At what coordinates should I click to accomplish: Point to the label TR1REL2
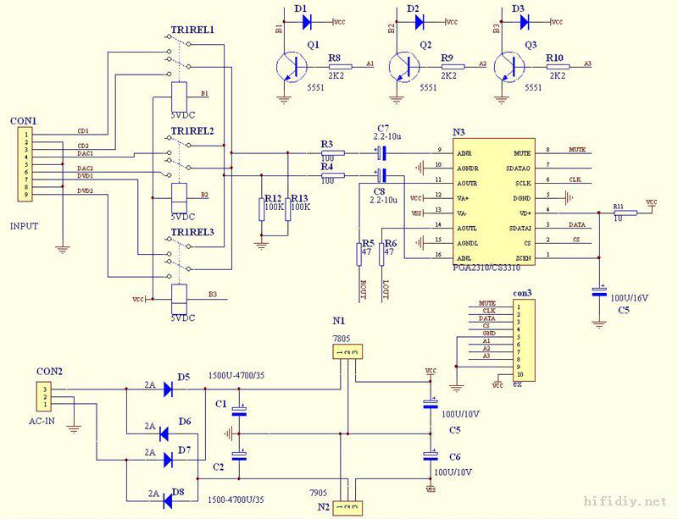(192, 130)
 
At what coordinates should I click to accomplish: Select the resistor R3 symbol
(332, 153)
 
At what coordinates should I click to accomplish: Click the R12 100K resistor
(263, 209)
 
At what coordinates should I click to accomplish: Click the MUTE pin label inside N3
(522, 152)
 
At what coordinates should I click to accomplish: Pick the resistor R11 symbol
(624, 213)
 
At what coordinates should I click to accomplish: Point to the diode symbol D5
(179, 389)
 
